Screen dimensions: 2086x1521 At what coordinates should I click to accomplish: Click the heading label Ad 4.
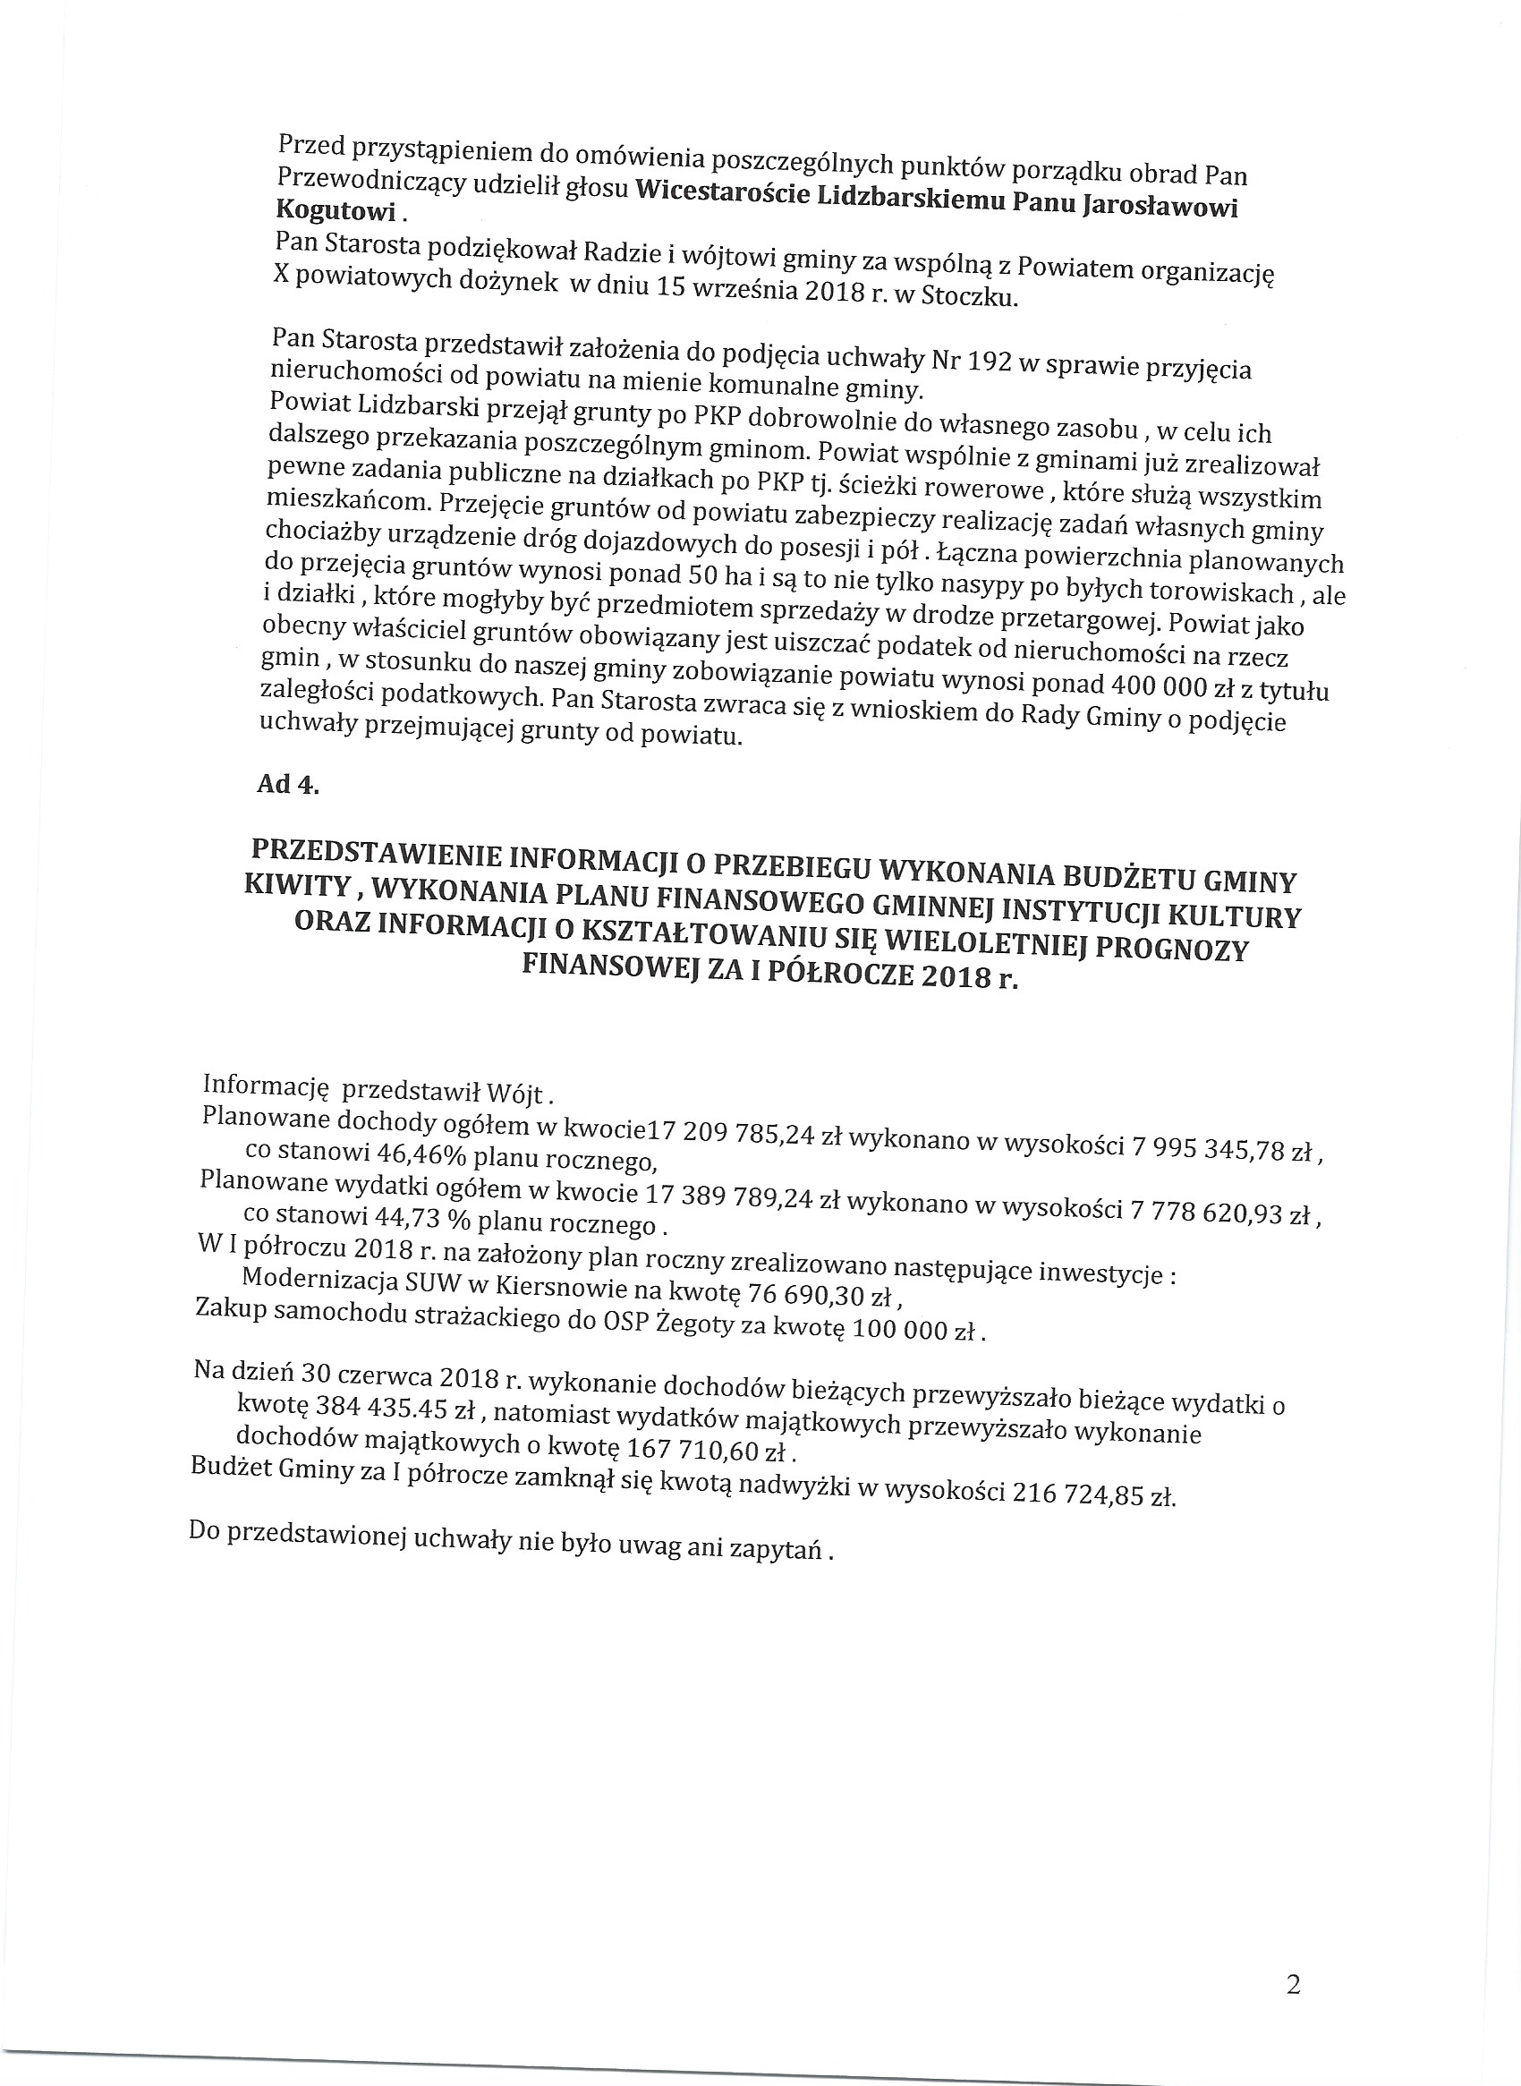pos(288,785)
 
